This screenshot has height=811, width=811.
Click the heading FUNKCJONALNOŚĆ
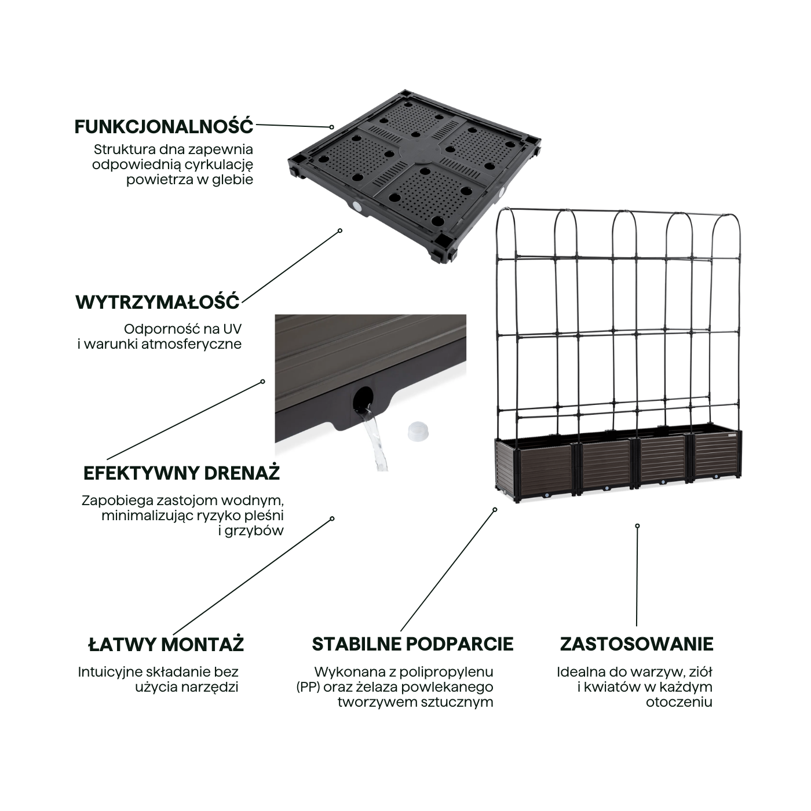coord(164,126)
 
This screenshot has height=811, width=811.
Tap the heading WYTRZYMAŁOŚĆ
coord(158,302)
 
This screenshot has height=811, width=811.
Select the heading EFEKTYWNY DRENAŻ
coord(181,473)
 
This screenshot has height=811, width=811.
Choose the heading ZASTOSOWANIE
coord(636,644)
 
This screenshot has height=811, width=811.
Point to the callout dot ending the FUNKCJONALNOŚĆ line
coord(332,127)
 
